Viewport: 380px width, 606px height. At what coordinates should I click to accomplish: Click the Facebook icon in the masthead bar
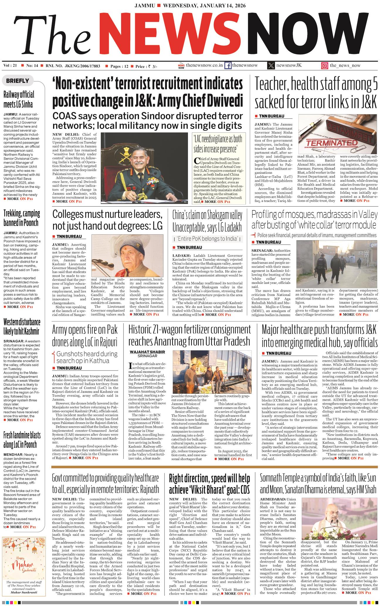(228, 65)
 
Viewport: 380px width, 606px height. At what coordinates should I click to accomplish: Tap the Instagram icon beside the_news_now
(324, 66)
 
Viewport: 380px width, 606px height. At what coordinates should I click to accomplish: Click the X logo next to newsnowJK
(271, 65)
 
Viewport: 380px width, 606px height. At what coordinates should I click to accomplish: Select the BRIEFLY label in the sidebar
(18, 81)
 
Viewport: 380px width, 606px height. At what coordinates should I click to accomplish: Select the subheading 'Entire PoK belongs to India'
(207, 239)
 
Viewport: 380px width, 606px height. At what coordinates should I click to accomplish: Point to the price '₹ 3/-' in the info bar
(153, 66)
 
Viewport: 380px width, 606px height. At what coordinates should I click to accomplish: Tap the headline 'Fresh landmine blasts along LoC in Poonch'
(22, 440)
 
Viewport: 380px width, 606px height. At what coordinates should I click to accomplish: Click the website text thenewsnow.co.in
(204, 65)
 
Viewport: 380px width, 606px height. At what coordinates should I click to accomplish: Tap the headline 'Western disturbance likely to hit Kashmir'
(22, 326)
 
